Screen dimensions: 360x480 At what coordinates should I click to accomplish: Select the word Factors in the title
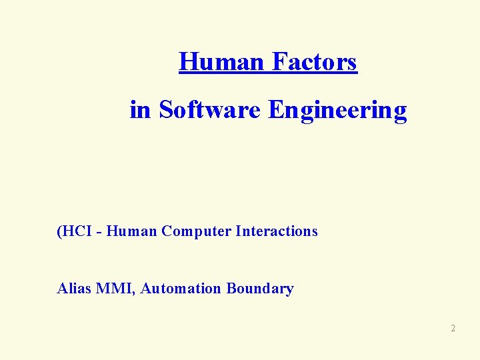click(314, 62)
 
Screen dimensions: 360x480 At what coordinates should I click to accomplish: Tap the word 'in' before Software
click(141, 109)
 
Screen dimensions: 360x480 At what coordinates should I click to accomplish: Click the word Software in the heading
click(211, 109)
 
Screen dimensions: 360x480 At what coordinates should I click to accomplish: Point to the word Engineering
click(337, 111)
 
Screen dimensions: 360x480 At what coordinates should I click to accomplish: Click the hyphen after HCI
click(99, 232)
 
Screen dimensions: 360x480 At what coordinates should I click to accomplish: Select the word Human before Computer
click(131, 231)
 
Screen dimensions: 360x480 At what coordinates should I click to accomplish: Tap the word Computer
click(196, 232)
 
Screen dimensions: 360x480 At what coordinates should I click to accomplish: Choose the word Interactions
click(277, 231)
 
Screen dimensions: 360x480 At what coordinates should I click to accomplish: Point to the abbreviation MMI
click(115, 289)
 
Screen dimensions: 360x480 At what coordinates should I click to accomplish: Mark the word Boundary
click(260, 289)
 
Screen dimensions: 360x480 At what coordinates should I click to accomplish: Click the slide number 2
click(453, 328)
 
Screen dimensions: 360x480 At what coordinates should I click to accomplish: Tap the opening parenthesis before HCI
click(59, 231)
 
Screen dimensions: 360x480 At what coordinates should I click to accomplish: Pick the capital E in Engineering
click(275, 109)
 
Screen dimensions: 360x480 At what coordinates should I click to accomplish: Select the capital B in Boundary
click(231, 289)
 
